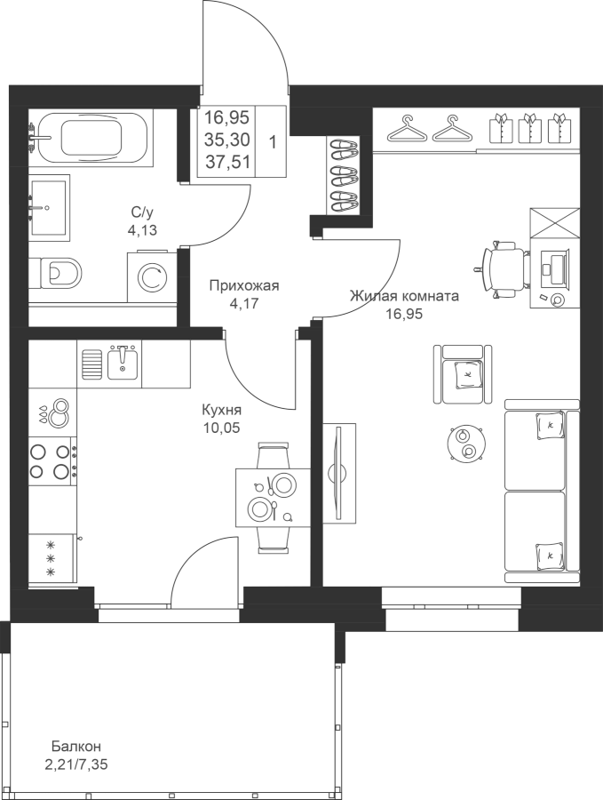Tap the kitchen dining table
click(x=273, y=498)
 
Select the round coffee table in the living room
click(x=465, y=444)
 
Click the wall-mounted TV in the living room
click(x=337, y=473)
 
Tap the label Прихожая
click(x=245, y=285)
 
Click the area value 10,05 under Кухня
click(x=221, y=427)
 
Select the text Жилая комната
click(x=404, y=296)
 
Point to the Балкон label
click(x=76, y=747)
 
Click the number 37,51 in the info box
click(x=226, y=163)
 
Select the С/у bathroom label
click(x=142, y=212)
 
